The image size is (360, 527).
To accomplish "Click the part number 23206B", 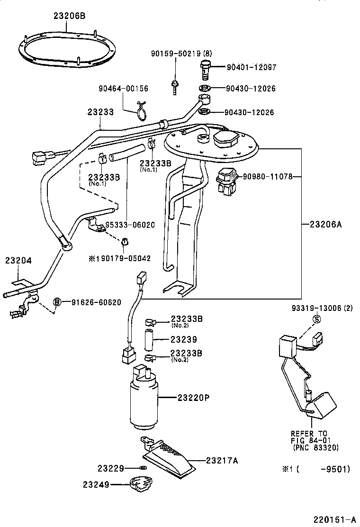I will (69, 16).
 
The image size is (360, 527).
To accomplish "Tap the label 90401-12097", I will (251, 67).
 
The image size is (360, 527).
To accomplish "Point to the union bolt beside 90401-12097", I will (205, 69).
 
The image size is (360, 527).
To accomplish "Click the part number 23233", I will (100, 112).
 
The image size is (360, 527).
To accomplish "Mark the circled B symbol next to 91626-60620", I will (57, 302).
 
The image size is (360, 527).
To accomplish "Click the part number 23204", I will (18, 261).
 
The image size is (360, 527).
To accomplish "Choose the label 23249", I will (96, 484).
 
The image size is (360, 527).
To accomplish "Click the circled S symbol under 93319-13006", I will (316, 319).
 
